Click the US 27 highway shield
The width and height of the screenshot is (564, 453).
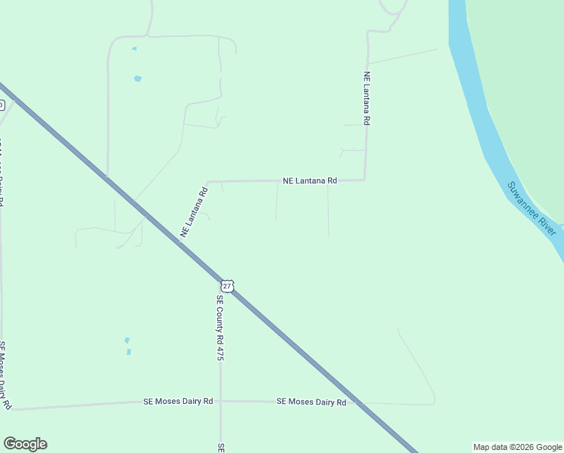tap(228, 286)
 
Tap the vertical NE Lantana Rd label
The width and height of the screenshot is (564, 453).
tap(366, 98)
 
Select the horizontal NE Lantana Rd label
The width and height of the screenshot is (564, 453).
tap(309, 181)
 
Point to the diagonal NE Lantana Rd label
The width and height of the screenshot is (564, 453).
tap(194, 213)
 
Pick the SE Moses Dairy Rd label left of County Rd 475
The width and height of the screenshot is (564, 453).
tap(178, 402)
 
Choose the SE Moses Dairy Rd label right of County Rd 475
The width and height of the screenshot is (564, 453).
tap(311, 402)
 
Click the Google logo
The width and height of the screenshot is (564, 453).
tap(25, 444)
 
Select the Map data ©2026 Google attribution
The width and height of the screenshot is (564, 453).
tap(518, 447)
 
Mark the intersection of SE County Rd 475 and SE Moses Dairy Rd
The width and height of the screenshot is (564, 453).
tap(220, 402)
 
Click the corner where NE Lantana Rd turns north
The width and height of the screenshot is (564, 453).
tap(365, 179)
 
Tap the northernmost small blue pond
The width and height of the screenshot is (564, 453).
tap(134, 49)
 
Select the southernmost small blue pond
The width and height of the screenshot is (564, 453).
tap(129, 352)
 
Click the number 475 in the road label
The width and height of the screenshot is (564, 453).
tap(220, 352)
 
